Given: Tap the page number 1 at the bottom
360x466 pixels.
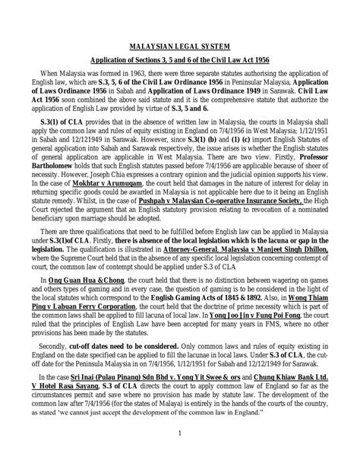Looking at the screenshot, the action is (180, 454).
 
